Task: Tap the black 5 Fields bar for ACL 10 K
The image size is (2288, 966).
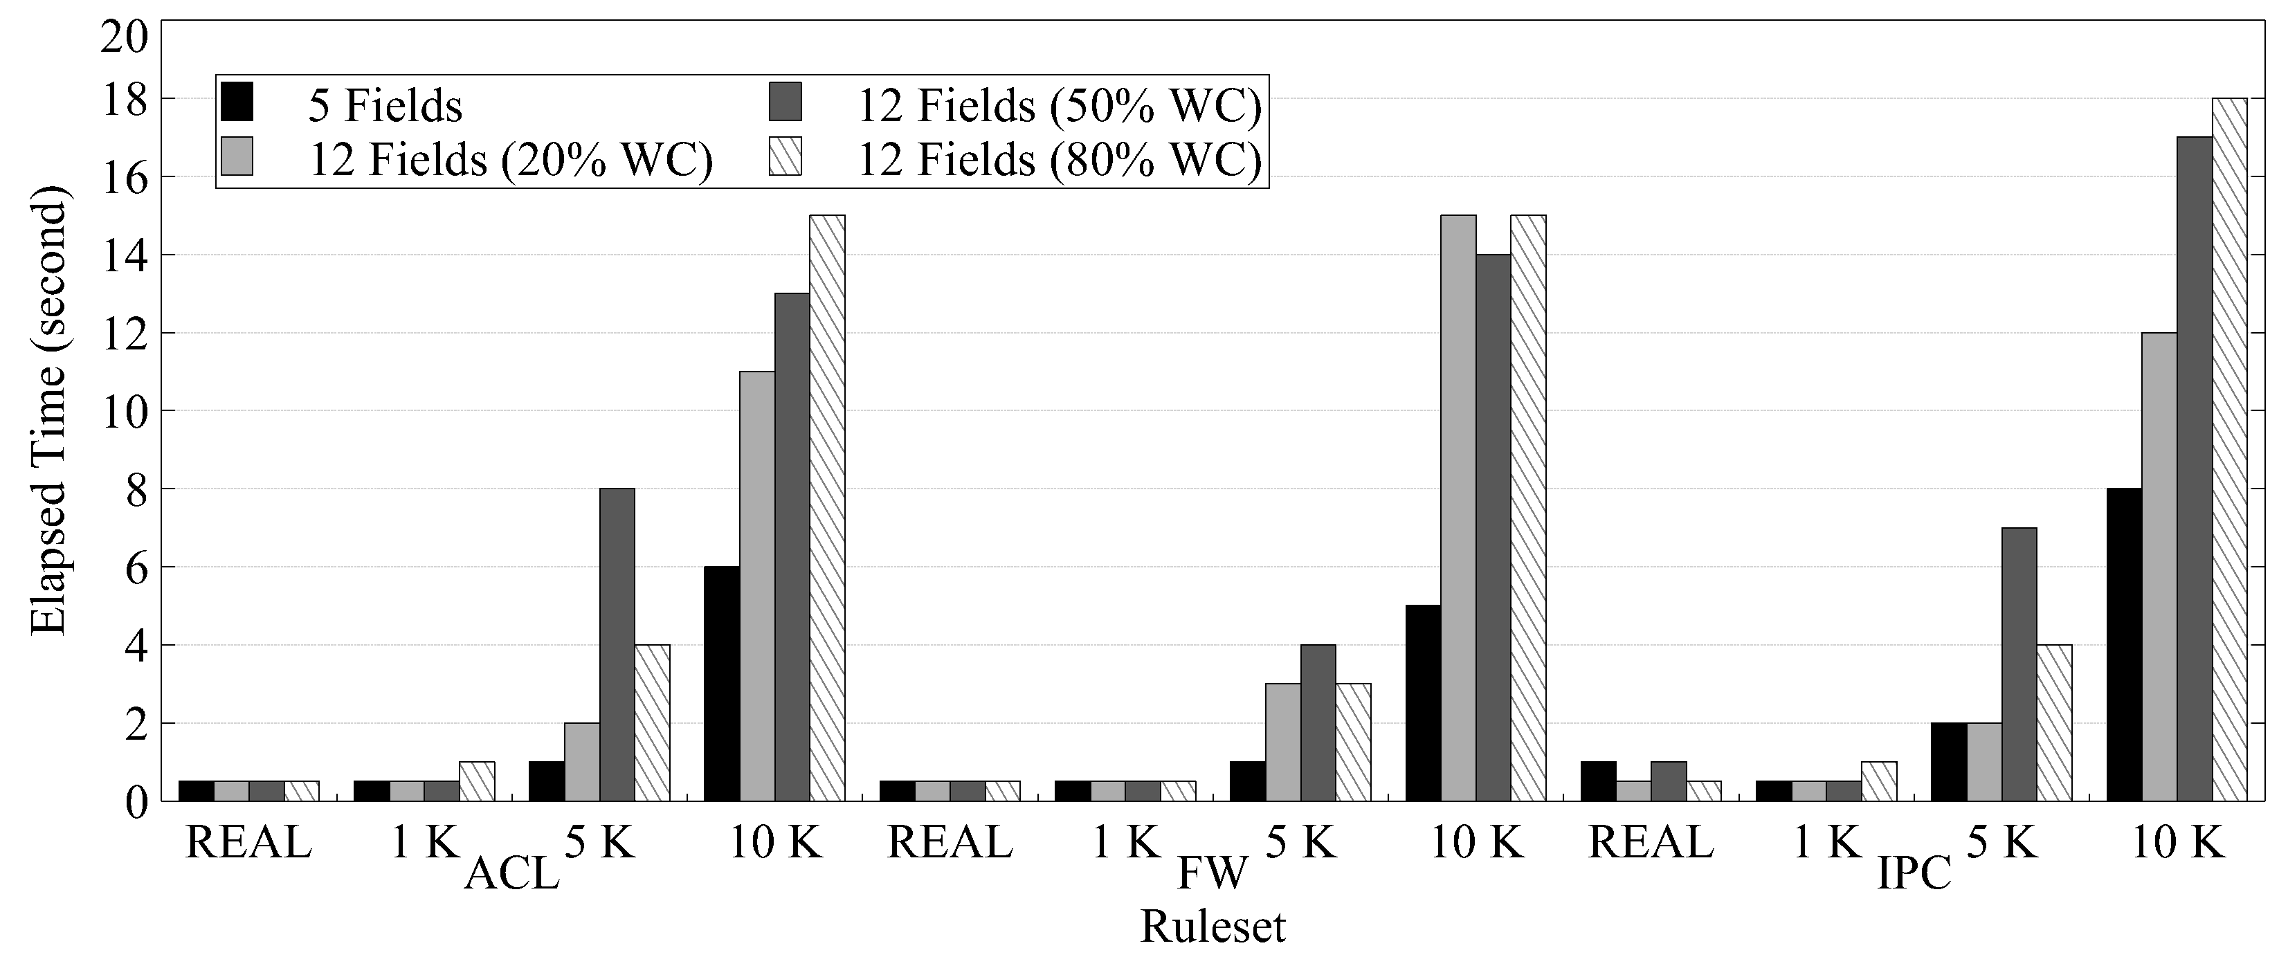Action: [x=721, y=684]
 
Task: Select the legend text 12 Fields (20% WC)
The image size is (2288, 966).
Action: [x=511, y=160]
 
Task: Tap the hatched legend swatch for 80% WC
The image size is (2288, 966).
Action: [x=786, y=156]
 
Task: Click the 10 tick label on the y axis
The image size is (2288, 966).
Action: [x=123, y=411]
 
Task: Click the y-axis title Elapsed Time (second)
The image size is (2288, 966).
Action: [x=49, y=411]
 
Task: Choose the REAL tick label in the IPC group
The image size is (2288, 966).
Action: [x=1651, y=841]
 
